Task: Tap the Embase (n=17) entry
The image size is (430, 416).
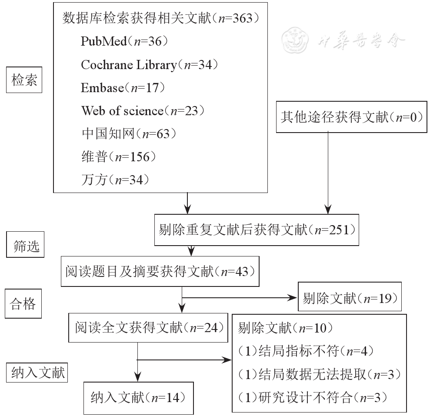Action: point(123,88)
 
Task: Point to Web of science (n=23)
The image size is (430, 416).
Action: point(143,111)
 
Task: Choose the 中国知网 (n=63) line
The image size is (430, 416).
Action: point(129,134)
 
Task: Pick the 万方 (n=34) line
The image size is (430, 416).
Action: point(115,180)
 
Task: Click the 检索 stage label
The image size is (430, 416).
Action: point(24,80)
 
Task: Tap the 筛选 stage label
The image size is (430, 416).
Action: point(26,246)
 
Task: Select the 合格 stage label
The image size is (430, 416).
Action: point(23,304)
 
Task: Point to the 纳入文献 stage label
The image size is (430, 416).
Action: point(38,373)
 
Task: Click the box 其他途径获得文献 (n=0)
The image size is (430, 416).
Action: point(352,118)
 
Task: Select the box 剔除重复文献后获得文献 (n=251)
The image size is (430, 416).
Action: point(257,230)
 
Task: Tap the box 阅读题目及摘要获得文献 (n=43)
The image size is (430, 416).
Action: point(160,272)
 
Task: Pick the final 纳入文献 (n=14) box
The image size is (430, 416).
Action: point(138,397)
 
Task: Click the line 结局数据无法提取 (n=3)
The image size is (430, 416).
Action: point(319,374)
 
